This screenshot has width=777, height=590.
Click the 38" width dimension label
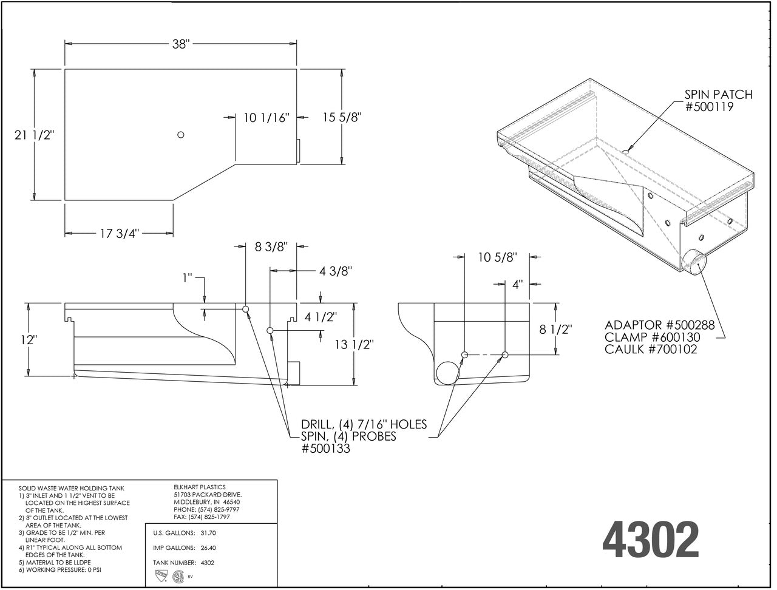(180, 44)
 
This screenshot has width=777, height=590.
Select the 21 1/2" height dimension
(35, 135)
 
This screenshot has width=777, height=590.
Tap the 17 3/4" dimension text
(119, 233)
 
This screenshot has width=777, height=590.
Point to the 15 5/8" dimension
(342, 117)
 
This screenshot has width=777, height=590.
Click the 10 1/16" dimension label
(266, 118)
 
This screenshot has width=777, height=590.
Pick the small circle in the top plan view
(180, 134)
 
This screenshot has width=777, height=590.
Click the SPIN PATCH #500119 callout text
(718, 101)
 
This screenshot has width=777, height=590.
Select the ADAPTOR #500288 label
(659, 325)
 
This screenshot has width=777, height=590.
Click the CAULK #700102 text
(651, 350)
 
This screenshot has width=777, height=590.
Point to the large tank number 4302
(650, 539)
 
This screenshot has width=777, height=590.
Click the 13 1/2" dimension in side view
(354, 345)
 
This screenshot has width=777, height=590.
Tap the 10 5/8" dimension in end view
(497, 257)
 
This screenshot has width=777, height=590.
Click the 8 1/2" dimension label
(556, 330)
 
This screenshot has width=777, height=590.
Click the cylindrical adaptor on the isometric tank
(693, 262)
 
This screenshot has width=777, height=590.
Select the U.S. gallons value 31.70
(208, 533)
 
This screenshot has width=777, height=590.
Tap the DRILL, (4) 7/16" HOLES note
(364, 424)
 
